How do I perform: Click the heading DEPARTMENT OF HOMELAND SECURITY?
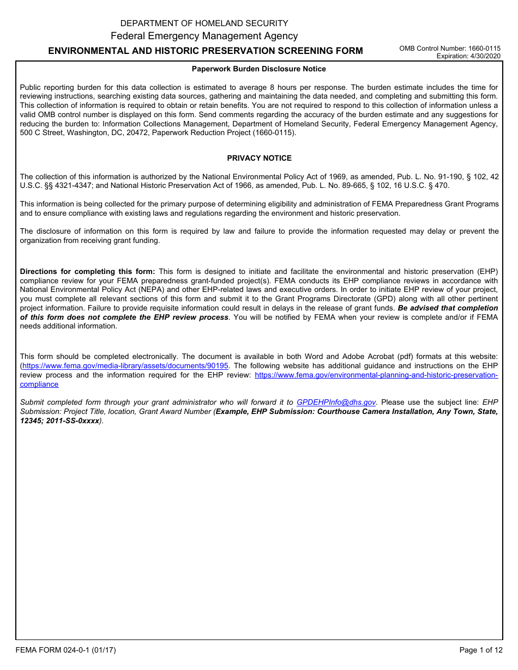pos(204,23)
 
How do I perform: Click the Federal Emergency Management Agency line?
pos(204,36)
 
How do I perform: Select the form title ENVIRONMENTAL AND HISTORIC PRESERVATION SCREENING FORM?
pos(206,51)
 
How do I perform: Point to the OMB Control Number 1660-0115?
pos(450,48)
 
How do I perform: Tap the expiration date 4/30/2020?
pos(468,56)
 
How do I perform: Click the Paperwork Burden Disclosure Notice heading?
pos(258,69)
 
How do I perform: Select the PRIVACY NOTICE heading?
pos(259,159)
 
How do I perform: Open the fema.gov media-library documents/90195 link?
pos(125,366)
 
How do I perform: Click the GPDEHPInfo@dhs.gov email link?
pos(336,403)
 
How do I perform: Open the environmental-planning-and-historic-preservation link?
pos(376,375)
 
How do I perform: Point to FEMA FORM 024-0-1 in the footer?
pos(65,650)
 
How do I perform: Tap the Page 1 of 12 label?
pos(480,650)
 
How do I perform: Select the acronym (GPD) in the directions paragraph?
pos(329,299)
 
